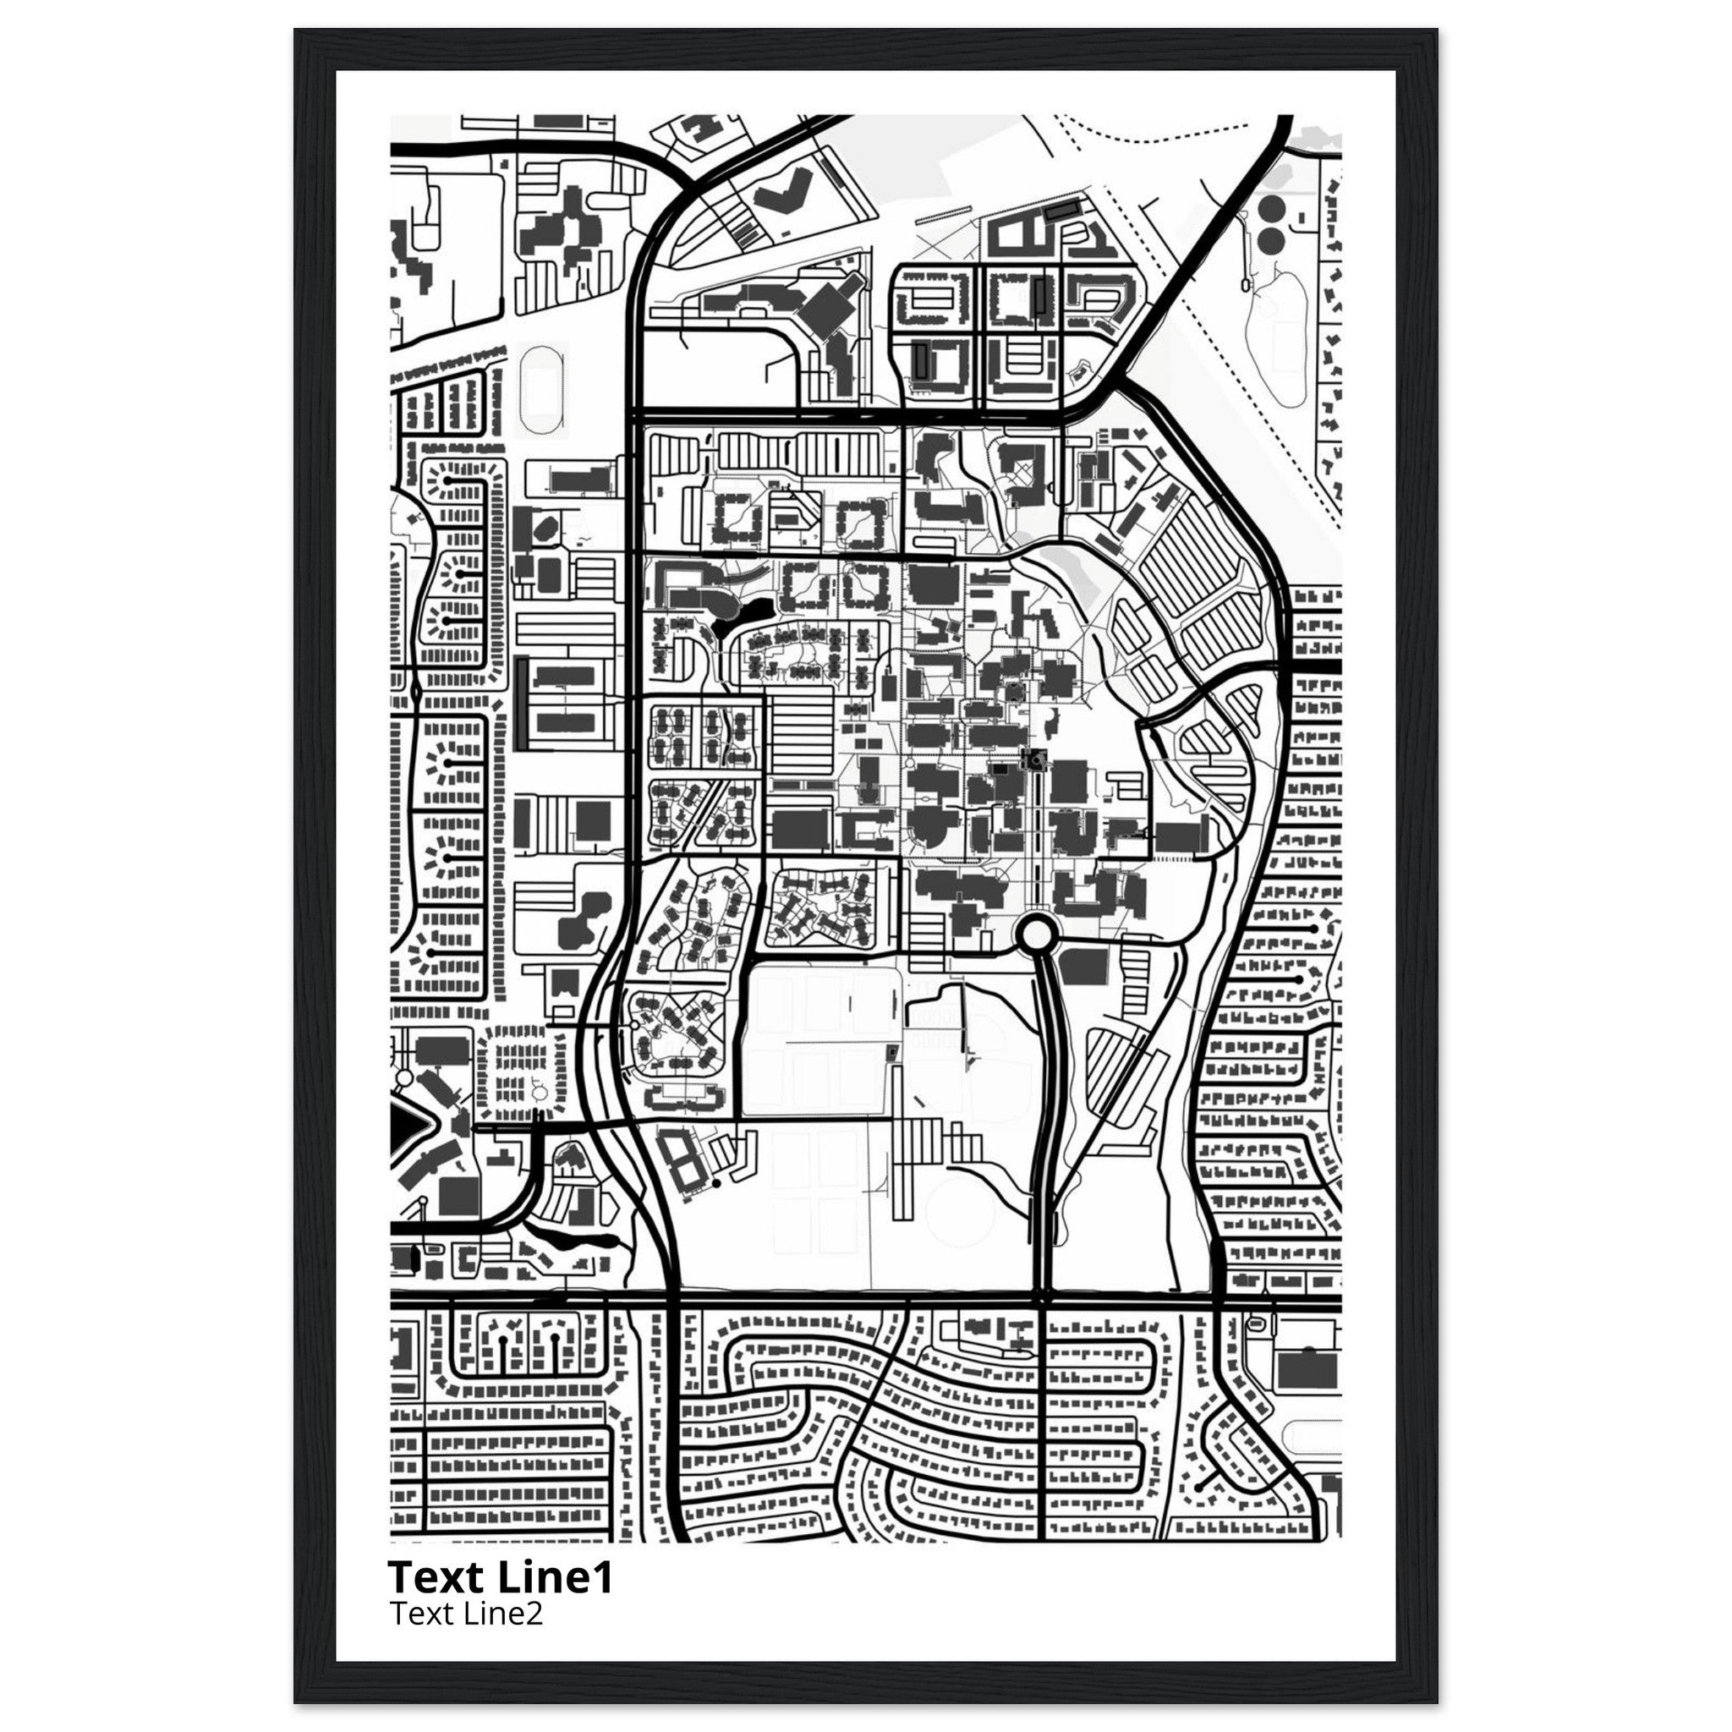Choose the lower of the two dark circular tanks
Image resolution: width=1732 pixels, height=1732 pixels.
tap(1270, 240)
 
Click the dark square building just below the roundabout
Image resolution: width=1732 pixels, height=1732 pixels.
tap(1084, 967)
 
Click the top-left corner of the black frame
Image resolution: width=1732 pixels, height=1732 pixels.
tap(296, 30)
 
